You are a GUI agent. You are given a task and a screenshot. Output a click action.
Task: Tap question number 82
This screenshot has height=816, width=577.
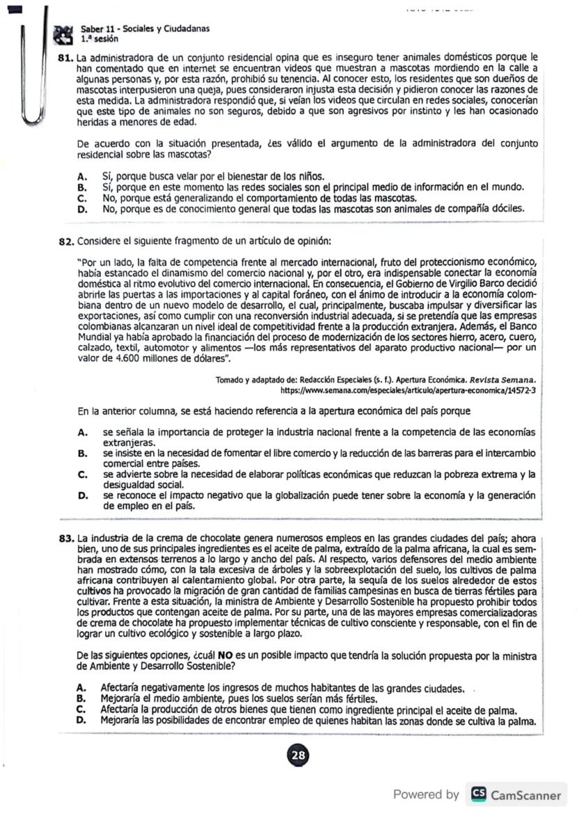click(x=66, y=241)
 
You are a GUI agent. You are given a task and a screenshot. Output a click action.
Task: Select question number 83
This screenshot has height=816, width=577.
click(x=66, y=538)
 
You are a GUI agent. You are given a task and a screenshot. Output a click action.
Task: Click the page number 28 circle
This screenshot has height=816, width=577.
click(x=298, y=755)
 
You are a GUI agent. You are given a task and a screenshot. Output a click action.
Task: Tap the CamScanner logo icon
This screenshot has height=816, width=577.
click(x=479, y=794)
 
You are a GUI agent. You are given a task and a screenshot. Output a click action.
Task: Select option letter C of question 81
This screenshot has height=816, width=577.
click(x=82, y=198)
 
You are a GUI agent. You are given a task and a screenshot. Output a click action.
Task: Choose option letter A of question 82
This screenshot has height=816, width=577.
click(x=82, y=433)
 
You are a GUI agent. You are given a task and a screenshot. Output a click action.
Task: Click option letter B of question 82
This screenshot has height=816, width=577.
click(x=82, y=454)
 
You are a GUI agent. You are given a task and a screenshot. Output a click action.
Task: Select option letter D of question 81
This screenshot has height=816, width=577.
click(x=82, y=208)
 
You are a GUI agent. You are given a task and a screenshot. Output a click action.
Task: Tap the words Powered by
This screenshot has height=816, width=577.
click(x=426, y=794)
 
